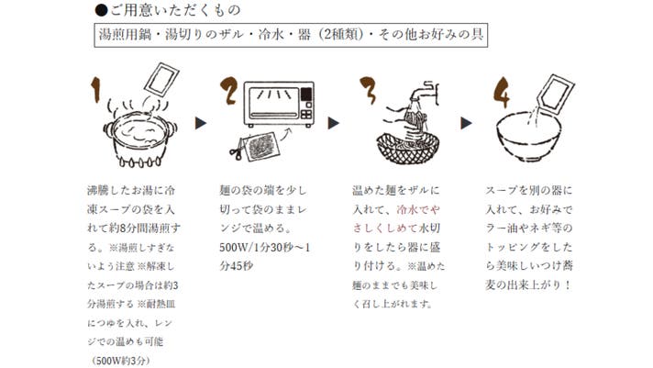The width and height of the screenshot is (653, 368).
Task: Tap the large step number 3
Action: pyautogui.click(x=369, y=89)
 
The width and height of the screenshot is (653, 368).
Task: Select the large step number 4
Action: pyautogui.click(x=501, y=89)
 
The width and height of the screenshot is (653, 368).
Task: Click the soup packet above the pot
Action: pyautogui.click(x=160, y=83)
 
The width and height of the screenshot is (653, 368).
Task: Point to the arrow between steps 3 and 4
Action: pyautogui.click(x=467, y=120)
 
